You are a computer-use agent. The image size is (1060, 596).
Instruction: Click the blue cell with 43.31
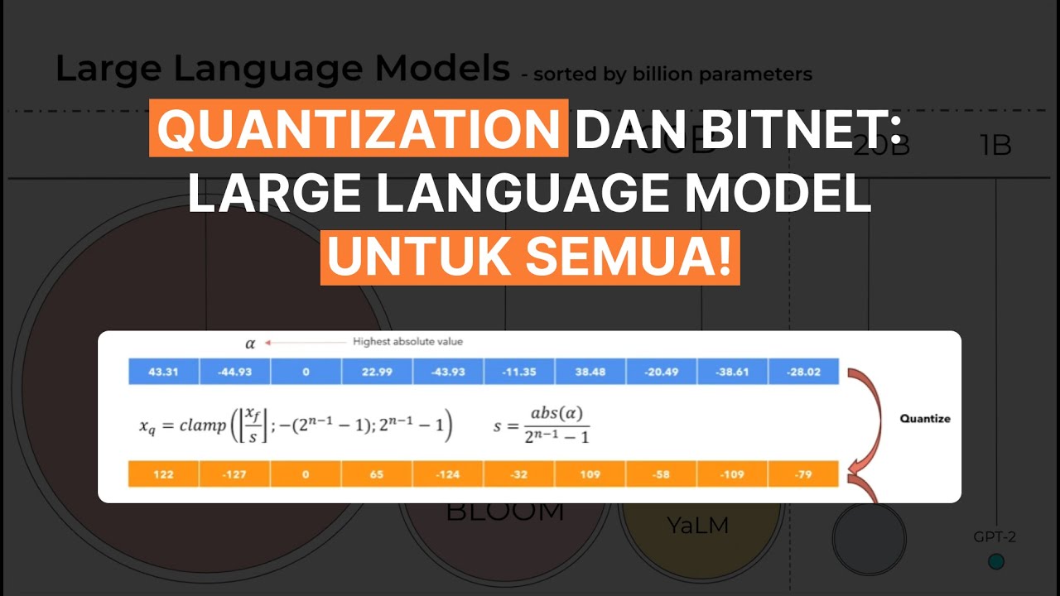click(163, 372)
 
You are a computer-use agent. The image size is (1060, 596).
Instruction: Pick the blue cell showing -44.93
click(234, 372)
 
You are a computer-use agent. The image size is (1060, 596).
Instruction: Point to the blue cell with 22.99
click(377, 372)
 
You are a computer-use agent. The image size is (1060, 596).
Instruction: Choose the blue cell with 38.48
click(590, 372)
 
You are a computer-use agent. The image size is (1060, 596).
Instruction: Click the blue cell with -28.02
click(803, 372)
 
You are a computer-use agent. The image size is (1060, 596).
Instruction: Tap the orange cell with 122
click(163, 474)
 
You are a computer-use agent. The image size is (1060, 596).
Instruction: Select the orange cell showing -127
click(234, 474)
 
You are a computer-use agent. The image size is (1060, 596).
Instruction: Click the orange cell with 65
click(377, 474)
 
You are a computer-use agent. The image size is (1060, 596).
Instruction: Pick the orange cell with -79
click(803, 474)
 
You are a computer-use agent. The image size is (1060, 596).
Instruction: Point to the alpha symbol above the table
click(250, 344)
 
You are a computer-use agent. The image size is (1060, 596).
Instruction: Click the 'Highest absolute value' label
click(407, 341)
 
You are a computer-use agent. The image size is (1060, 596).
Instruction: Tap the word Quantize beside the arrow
click(925, 419)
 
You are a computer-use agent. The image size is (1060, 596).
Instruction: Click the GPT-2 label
click(995, 537)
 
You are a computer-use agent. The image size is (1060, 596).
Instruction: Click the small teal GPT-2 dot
click(996, 561)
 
